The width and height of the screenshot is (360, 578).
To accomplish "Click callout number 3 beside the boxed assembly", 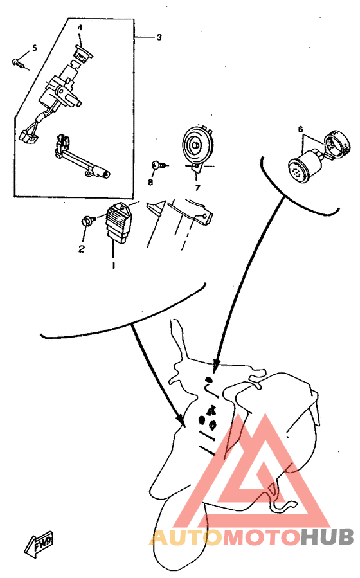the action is [x=159, y=37].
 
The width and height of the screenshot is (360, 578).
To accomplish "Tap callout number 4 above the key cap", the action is [x=80, y=28].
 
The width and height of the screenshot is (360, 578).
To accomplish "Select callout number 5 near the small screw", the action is [x=35, y=48].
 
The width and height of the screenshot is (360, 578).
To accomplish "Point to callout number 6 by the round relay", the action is [x=300, y=129].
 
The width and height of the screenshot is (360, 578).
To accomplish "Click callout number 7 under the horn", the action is [x=198, y=188].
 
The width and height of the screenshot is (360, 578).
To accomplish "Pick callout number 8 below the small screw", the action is [x=150, y=182].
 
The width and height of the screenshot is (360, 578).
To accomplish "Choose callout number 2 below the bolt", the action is [x=82, y=249].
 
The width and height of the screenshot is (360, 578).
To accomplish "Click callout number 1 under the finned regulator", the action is [x=113, y=265].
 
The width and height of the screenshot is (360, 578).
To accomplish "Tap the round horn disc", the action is [x=198, y=145].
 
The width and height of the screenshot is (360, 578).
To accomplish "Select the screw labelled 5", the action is [x=20, y=64].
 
